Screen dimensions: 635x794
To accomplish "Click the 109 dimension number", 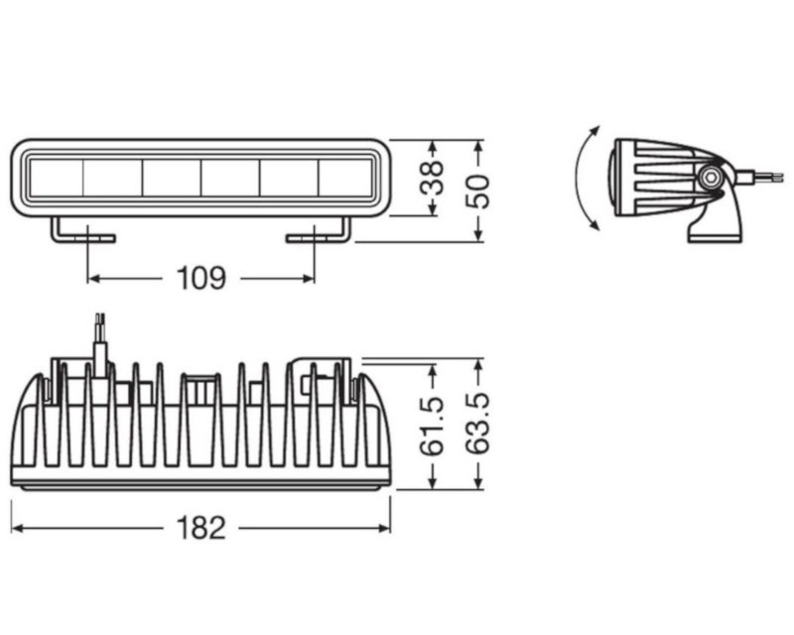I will pyautogui.click(x=201, y=279).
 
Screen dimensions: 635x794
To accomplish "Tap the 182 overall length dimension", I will pyautogui.click(x=202, y=528).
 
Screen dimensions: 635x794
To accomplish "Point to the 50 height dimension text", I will pyautogui.click(x=479, y=189).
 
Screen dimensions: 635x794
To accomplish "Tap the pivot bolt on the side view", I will pyautogui.click(x=710, y=178).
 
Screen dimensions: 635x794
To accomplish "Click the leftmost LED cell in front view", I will pyautogui.click(x=56, y=179).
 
